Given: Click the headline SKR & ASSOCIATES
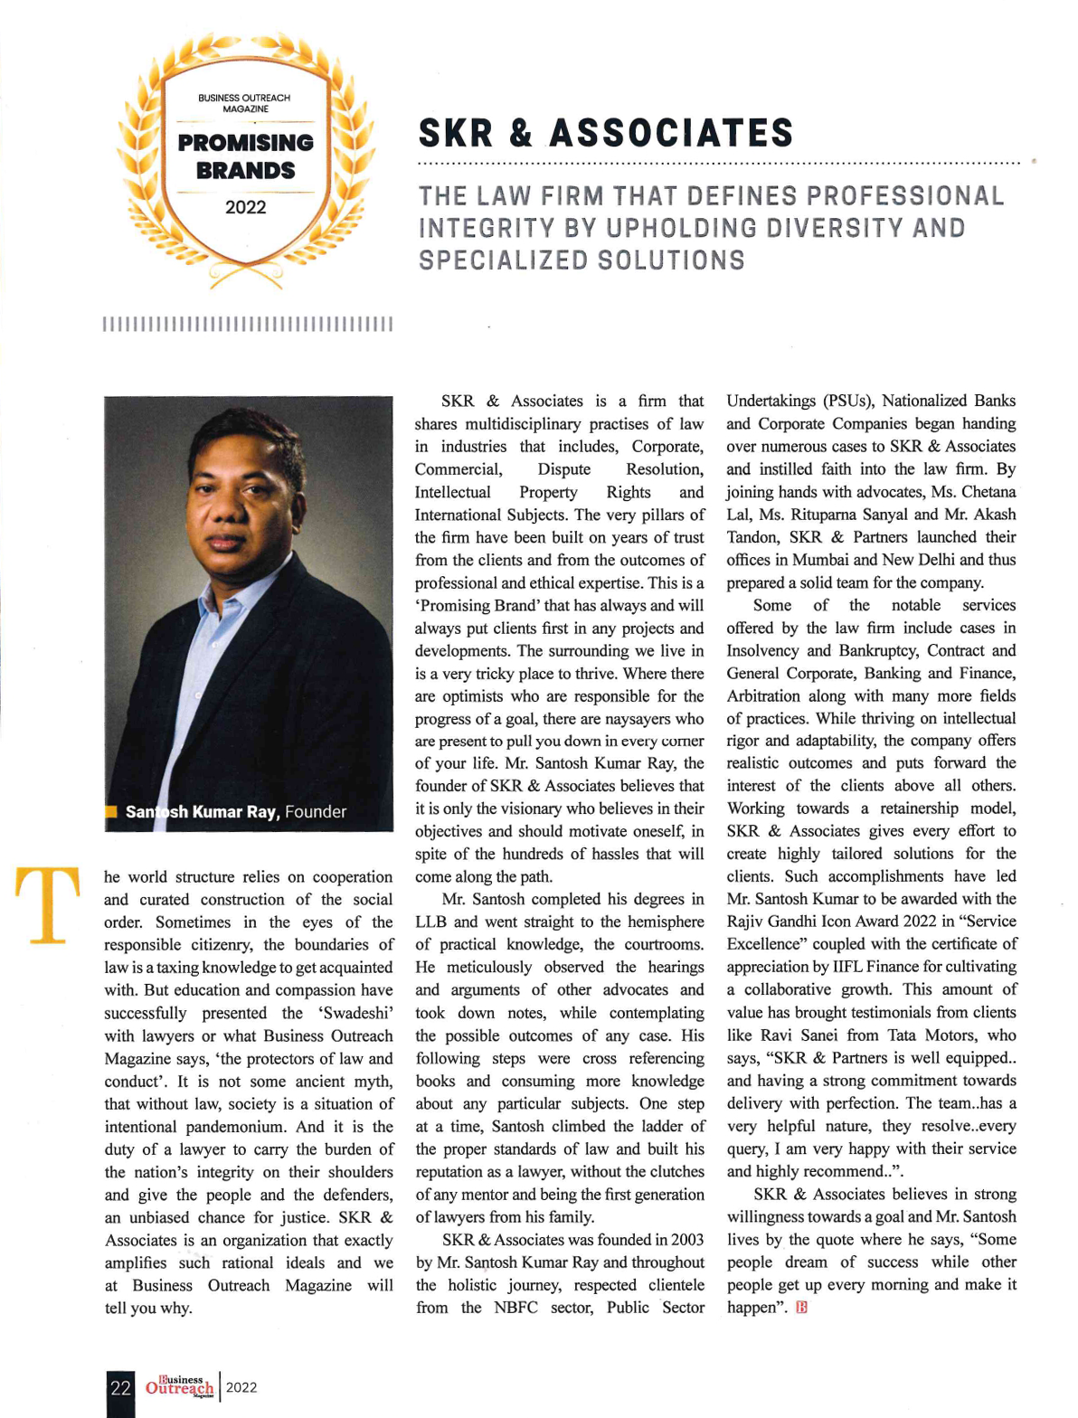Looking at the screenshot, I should coord(605,134).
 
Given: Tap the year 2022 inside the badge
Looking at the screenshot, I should coord(246,208).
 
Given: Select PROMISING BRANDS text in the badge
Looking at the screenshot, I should coord(246,156).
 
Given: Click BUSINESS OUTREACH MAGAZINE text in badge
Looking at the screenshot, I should coord(245,103).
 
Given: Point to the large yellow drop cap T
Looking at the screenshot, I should coord(48,904).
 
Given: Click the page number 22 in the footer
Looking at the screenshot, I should coord(120,1388).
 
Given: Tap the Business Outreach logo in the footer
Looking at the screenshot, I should coord(180,1388).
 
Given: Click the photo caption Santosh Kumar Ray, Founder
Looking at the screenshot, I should coord(235,812).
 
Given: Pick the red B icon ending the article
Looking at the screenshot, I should coord(801,1308).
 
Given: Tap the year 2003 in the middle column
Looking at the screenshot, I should coord(686,1240).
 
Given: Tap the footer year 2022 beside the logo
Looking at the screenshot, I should coord(241,1388).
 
